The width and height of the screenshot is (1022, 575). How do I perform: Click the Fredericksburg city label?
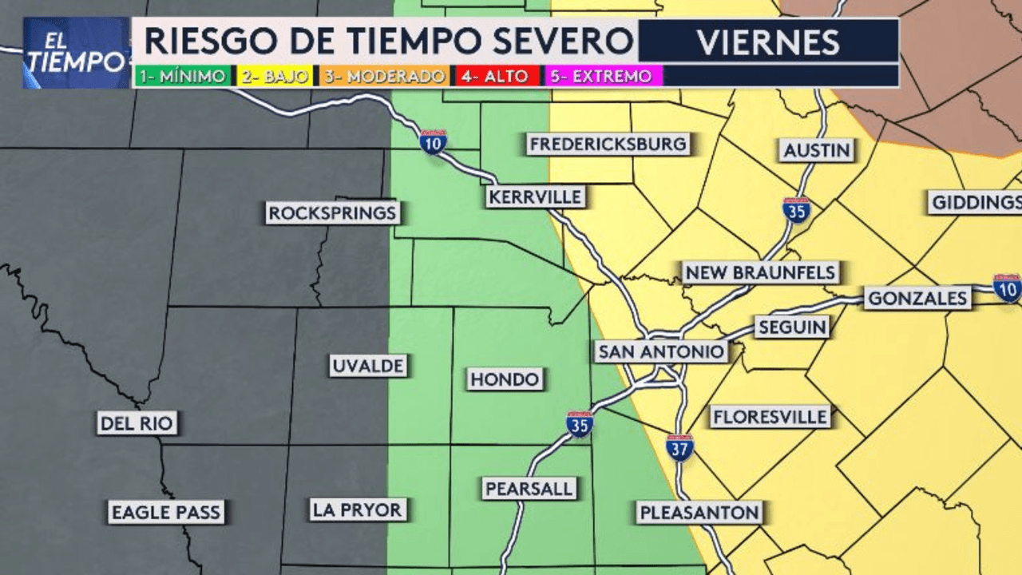coord(608,145)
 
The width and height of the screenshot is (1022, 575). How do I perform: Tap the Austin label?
coord(817,150)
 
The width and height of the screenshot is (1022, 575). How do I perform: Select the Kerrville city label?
coord(535,196)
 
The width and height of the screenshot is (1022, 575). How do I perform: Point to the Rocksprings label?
coord(333,213)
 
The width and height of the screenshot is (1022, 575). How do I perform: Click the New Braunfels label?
coord(761,272)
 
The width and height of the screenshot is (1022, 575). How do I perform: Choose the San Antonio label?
coord(661,351)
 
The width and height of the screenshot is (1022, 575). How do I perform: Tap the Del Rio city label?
coord(137,422)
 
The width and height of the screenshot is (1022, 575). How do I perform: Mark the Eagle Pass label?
coord(166,512)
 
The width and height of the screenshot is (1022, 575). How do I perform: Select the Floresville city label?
coord(770,416)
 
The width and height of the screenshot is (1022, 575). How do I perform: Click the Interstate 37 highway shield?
coord(679,448)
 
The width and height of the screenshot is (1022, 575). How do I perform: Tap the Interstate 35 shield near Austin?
coord(797,209)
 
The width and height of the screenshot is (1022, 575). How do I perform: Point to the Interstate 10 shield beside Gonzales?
coord(1007,287)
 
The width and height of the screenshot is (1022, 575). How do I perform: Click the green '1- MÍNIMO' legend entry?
coord(183,77)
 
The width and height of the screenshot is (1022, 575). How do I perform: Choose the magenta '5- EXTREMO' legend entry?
coord(604,77)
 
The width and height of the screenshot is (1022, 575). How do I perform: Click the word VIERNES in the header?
coord(768,42)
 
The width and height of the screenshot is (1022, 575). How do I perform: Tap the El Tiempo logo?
coord(77,54)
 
